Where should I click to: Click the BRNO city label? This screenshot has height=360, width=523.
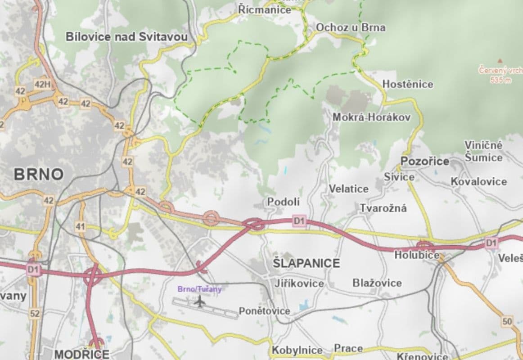[39, 175]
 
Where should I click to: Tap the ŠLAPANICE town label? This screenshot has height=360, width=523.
[307, 263]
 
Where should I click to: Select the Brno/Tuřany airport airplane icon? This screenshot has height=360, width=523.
[199, 301]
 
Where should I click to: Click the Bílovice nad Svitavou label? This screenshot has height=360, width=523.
[126, 37]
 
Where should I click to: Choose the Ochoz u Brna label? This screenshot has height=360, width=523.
[351, 27]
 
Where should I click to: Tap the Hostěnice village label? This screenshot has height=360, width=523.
[408, 84]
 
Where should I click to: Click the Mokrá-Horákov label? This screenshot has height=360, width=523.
[371, 117]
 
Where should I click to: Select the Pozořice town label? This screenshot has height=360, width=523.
[425, 161]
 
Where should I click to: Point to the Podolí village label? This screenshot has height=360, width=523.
[284, 202]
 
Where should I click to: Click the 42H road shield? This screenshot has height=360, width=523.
[43, 84]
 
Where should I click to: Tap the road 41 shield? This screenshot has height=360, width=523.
[81, 226]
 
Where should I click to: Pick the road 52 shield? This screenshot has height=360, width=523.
[35, 314]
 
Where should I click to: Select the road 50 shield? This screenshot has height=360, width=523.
[507, 321]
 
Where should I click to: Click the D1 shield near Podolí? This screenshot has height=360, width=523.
[299, 221]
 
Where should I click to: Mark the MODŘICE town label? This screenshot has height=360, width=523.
[81, 354]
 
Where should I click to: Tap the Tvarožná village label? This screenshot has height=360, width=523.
[383, 208]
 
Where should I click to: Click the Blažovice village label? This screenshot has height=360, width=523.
[377, 283]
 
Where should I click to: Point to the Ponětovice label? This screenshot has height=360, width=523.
[264, 311]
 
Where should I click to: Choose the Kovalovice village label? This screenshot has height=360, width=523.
[479, 182]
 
